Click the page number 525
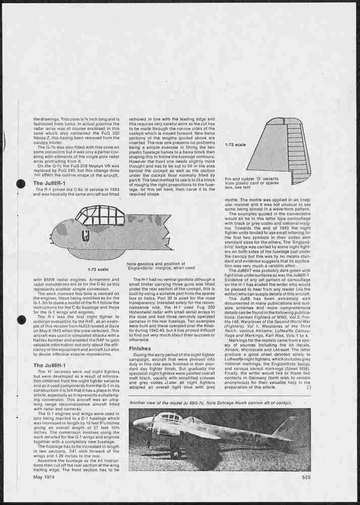coord(306,477)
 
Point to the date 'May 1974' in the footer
coord(44,477)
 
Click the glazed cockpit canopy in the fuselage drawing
coord(100,216)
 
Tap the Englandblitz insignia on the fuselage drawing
coord(86,235)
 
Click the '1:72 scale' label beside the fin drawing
coord(235,145)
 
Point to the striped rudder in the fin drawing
coord(298,151)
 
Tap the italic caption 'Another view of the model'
coord(211,402)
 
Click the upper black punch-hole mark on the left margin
coord(21,184)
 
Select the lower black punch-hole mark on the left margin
coord(21,320)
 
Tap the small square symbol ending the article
coord(308,387)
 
